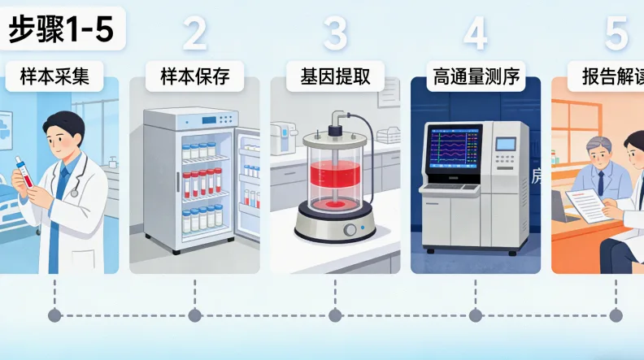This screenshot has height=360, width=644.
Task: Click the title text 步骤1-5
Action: [61, 29]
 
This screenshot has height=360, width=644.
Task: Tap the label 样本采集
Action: [54, 77]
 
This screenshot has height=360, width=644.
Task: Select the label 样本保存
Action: [195, 77]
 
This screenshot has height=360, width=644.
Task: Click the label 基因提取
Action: [336, 77]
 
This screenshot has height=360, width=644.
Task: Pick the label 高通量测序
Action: [476, 77]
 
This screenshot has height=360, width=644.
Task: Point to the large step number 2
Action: [195, 34]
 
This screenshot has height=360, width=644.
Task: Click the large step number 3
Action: [335, 34]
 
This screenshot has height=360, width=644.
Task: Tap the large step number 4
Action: [476, 34]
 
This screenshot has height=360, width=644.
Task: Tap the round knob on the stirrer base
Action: [351, 231]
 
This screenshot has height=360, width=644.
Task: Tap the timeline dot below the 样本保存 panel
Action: [194, 315]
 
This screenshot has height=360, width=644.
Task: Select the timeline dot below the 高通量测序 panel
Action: [476, 315]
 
